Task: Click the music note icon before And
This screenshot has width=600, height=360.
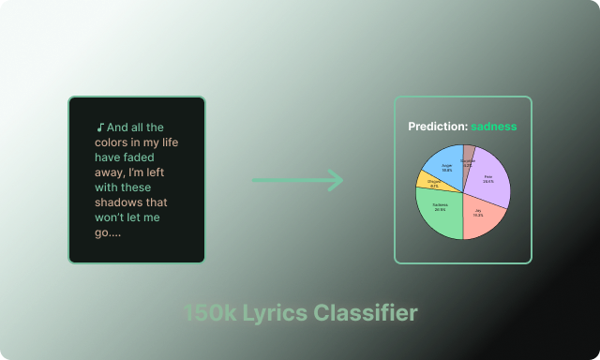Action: pyautogui.click(x=99, y=127)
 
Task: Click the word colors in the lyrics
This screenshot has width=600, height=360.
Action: pyautogui.click(x=114, y=142)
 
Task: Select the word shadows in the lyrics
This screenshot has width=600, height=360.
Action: pyautogui.click(x=119, y=202)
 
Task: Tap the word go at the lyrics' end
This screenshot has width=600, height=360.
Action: pyautogui.click(x=102, y=232)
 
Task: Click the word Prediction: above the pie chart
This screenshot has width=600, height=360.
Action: pyautogui.click(x=437, y=127)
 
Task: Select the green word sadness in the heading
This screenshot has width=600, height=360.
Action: pyautogui.click(x=494, y=127)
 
